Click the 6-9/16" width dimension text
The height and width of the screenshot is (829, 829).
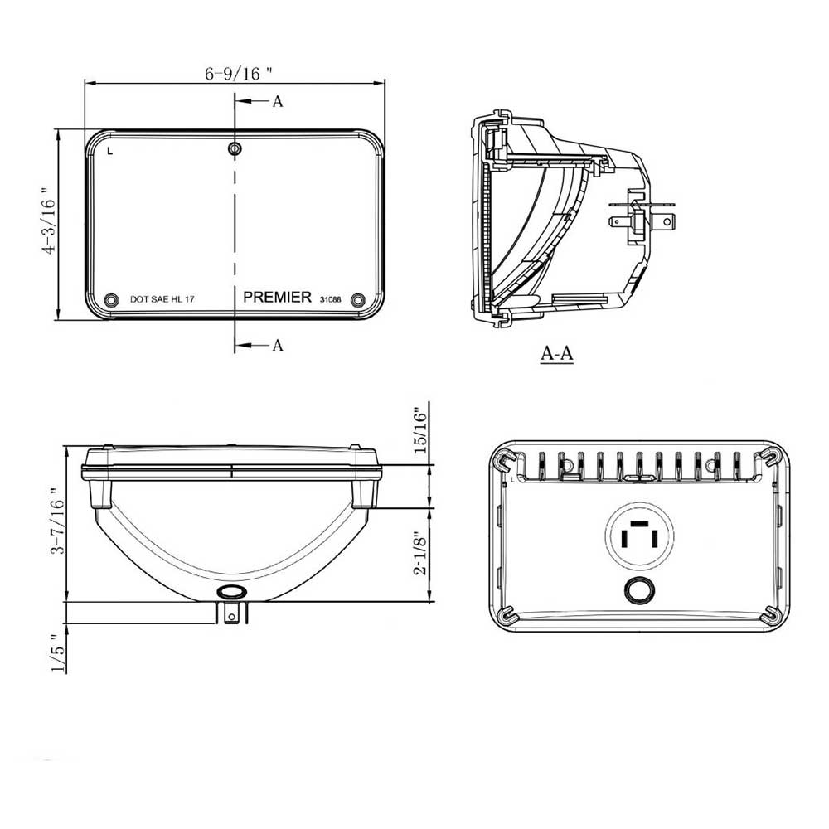(239, 74)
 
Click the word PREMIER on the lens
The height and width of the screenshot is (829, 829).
(277, 297)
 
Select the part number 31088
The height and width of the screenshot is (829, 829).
(330, 298)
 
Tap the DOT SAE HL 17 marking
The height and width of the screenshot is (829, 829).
(163, 299)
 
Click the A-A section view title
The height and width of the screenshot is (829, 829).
(557, 353)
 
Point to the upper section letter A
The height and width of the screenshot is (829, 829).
(278, 101)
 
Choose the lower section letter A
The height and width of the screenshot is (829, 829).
(278, 345)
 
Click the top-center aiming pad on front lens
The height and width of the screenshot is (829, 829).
(235, 149)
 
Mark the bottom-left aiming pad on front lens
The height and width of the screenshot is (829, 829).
(112, 299)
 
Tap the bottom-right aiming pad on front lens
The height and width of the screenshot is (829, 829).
(358, 299)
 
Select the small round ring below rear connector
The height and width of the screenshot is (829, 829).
(639, 590)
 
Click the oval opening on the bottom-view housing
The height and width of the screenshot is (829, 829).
(231, 592)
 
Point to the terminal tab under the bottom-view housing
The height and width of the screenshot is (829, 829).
(233, 613)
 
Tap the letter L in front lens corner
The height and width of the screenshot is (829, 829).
(110, 151)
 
